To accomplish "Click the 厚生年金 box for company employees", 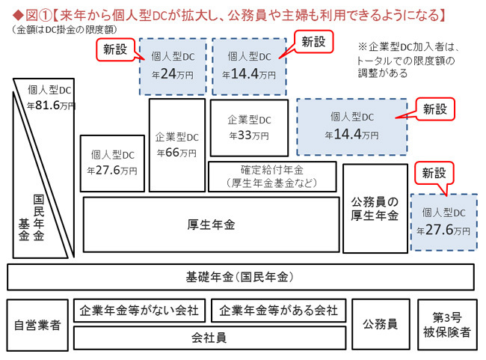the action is point(211,225).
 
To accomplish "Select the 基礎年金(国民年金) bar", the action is point(241,277).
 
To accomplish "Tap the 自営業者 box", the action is point(37,325).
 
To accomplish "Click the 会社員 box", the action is point(209,338).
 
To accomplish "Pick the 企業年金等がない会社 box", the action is point(139,311).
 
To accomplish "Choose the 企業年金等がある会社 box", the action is point(278,311).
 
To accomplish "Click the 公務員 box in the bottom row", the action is point(381,324).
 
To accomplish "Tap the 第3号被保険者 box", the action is point(447,325).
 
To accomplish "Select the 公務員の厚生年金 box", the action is point(375,209).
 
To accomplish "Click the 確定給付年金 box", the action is point(272,177).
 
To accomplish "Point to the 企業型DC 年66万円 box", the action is point(177,145).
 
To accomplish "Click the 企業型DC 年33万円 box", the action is point(249,127).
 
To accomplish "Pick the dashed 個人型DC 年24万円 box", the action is point(173,67).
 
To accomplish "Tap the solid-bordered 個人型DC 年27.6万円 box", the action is point(112,163).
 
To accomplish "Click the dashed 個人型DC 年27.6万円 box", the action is point(444,222).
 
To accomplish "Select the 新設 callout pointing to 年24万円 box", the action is point(115,49).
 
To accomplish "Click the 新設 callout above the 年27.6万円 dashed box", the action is point(434,173).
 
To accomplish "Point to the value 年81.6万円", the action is point(51,106).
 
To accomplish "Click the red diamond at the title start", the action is point(18,14).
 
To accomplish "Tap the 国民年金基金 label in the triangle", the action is point(31,218).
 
